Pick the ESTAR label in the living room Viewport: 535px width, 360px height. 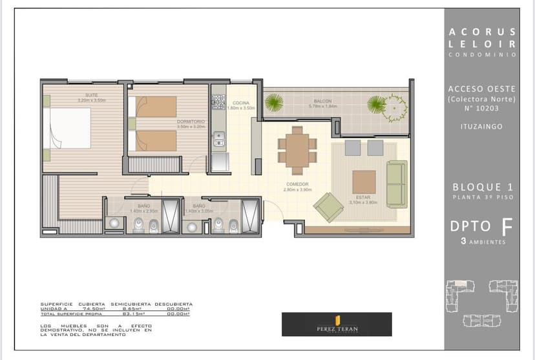pyautogui.click(x=362, y=199)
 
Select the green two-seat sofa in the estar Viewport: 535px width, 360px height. pyautogui.click(x=397, y=184)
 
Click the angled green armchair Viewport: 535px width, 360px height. pyautogui.click(x=328, y=207)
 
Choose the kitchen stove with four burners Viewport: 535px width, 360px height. pyautogui.click(x=218, y=102)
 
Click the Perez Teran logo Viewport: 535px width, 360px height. pyautogui.click(x=337, y=324)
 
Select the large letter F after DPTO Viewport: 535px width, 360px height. pyautogui.click(x=507, y=226)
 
